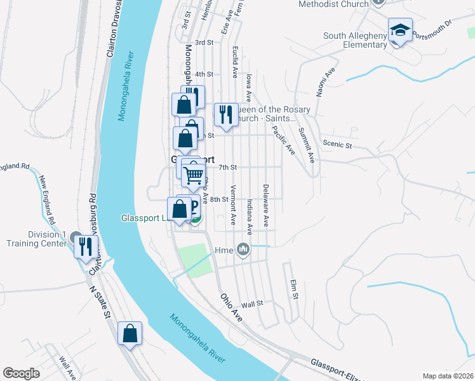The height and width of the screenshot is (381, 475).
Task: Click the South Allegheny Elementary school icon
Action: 400,30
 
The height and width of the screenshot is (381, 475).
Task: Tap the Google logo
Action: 22,373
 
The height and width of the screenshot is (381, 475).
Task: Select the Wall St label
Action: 252,305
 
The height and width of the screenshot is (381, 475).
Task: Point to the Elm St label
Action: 293,290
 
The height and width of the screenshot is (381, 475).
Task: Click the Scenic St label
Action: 337,145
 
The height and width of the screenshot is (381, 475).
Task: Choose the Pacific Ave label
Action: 283,140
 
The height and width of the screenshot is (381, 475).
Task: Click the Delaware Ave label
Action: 265,206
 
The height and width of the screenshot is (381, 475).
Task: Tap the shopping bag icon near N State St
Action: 130,333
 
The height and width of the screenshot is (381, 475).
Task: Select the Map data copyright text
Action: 448,376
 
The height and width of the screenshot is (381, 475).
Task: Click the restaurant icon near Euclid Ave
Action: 226,114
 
